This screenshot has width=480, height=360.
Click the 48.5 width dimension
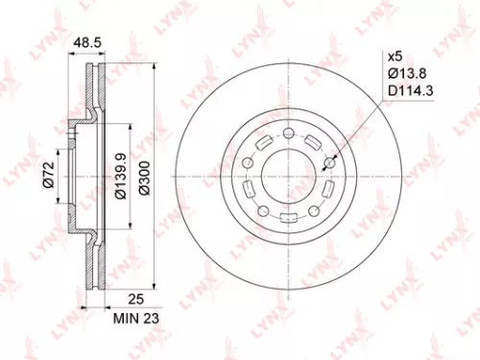click(x=88, y=43)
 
